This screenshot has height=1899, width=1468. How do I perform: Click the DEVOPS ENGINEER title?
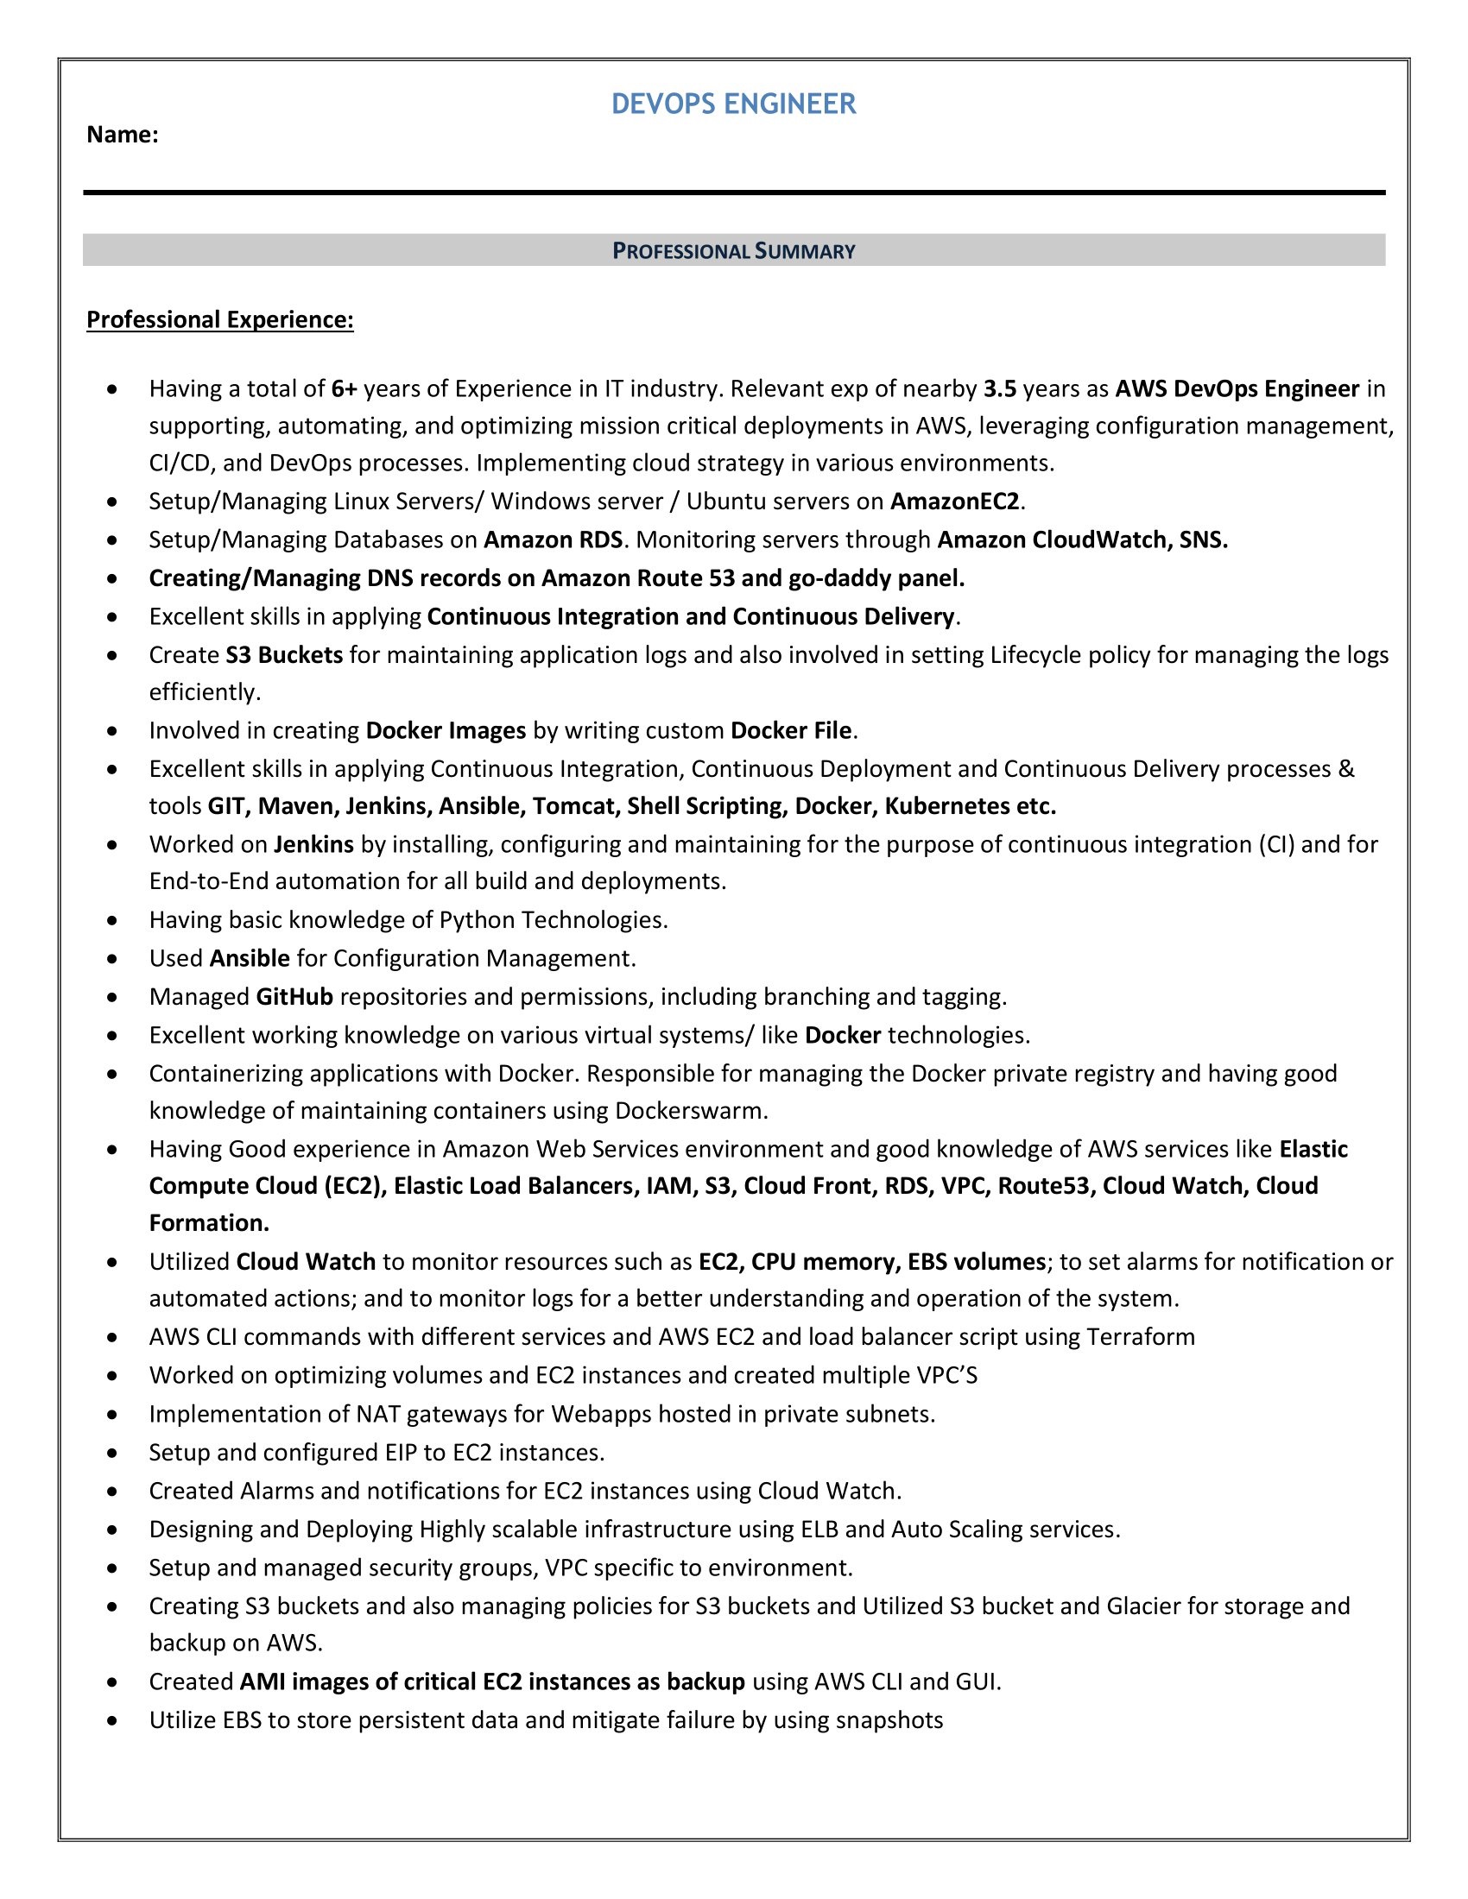pos(733,104)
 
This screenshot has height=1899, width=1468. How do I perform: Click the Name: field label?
pos(122,135)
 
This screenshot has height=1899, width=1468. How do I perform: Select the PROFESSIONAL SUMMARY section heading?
pos(733,251)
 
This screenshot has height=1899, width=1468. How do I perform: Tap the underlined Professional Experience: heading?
pos(220,320)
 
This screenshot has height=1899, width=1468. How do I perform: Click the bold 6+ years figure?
pos(345,388)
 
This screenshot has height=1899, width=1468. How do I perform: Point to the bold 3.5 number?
pos(999,388)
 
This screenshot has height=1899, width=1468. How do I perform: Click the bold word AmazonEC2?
pos(954,502)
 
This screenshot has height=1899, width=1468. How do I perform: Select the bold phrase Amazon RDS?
pos(553,540)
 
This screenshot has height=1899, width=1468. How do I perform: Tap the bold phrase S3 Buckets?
pos(283,655)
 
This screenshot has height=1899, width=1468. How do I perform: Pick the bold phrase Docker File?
pos(790,730)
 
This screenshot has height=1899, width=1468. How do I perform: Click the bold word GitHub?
pos(294,996)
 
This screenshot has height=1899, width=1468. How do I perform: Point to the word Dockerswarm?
pos(691,1111)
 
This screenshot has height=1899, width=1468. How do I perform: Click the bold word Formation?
pos(209,1223)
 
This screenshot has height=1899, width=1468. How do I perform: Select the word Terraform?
pos(1140,1336)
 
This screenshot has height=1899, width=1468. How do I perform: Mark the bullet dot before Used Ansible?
pos(112,959)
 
